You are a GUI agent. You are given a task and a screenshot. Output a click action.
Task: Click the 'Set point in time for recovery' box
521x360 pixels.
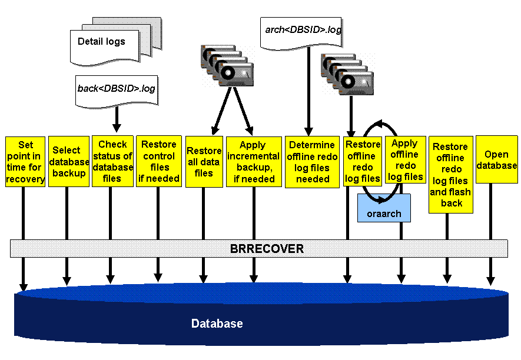pyautogui.click(x=25, y=162)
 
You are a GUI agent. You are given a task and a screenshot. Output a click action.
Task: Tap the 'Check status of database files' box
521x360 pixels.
pyautogui.click(x=112, y=161)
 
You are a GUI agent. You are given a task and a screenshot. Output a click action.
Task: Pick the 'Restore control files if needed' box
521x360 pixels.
pyautogui.click(x=158, y=161)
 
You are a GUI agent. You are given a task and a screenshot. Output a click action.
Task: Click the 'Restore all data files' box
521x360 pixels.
pyautogui.click(x=204, y=162)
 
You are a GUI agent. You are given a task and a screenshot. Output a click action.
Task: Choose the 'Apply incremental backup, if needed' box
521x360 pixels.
pyautogui.click(x=254, y=162)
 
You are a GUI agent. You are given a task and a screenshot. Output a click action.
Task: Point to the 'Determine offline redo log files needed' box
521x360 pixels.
pyautogui.click(x=313, y=162)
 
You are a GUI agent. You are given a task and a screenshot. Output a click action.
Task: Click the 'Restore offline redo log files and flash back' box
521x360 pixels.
pyautogui.click(x=450, y=175)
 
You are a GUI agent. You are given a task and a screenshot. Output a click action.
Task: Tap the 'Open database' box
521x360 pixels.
pyautogui.click(x=496, y=160)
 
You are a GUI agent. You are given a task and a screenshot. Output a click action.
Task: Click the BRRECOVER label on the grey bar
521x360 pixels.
pyautogui.click(x=267, y=249)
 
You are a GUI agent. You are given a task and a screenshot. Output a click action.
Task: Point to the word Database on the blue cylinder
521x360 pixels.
pyautogui.click(x=217, y=324)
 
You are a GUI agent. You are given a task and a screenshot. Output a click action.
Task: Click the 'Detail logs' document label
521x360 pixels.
pyautogui.click(x=101, y=42)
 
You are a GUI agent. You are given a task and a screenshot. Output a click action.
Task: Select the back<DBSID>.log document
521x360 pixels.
pyautogui.click(x=117, y=89)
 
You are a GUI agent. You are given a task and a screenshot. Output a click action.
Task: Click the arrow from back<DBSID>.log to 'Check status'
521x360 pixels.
pyautogui.click(x=117, y=120)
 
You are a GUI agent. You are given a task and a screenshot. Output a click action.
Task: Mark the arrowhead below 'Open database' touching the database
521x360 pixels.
pyautogui.click(x=490, y=281)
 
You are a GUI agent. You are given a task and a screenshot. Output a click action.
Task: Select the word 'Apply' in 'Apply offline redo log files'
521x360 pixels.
pyautogui.click(x=405, y=143)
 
